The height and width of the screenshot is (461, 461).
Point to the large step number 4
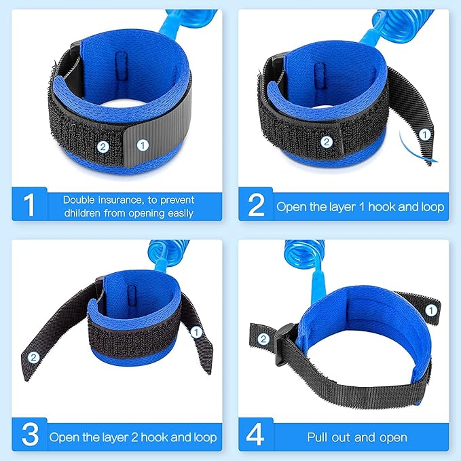257,436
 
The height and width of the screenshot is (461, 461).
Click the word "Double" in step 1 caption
81,200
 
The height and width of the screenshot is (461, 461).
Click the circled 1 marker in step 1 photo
143,145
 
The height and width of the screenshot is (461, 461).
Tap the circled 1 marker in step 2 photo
424,134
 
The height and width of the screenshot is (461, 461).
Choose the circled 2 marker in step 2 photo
327,142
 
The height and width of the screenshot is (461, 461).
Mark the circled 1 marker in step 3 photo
196,332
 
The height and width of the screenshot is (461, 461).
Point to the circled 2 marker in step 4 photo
262,339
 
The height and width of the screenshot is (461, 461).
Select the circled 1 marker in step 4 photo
430,310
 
